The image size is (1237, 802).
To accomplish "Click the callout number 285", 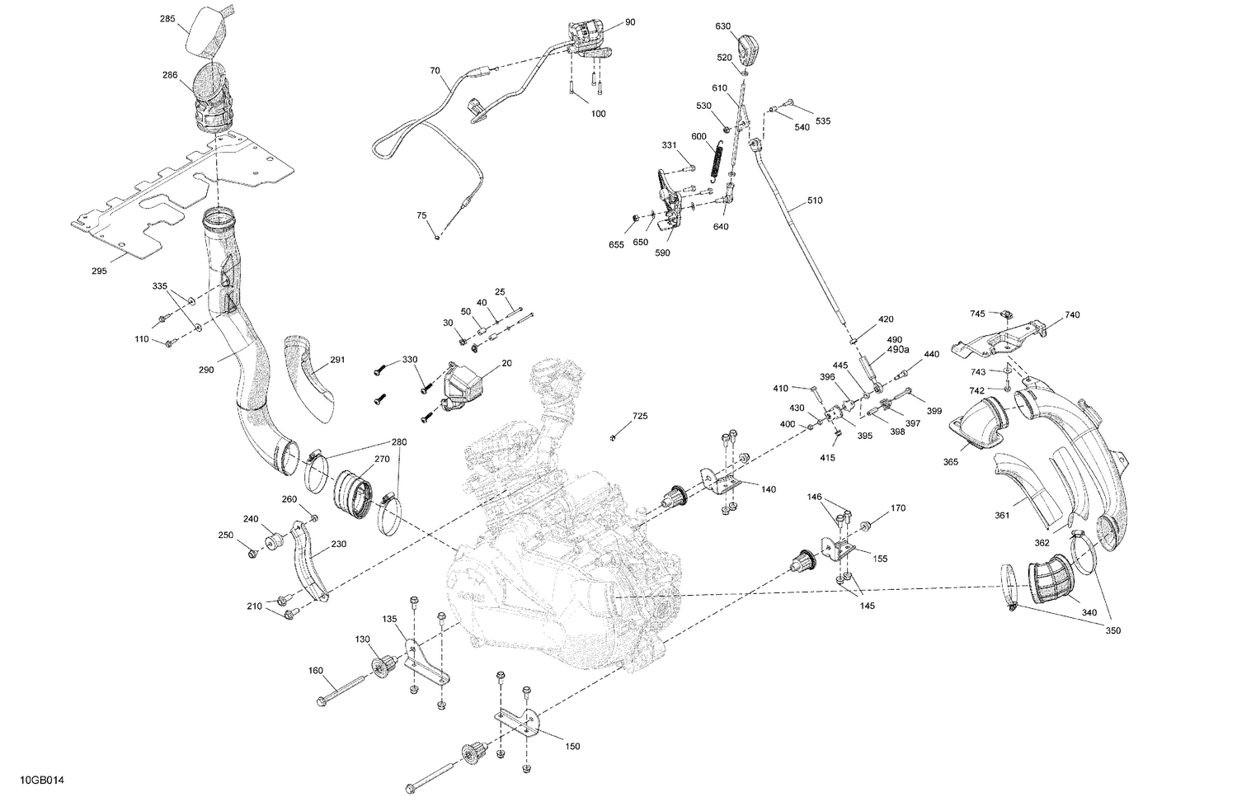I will [167, 17].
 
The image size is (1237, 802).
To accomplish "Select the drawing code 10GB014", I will [37, 780].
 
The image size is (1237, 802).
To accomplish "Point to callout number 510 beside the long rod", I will [815, 200].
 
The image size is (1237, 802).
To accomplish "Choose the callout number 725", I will [641, 416].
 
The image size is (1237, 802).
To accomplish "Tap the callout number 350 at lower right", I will [1113, 630].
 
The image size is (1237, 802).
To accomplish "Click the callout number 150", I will [572, 746].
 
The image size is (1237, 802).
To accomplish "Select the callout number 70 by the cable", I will [435, 71].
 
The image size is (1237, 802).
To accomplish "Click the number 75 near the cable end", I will [421, 215].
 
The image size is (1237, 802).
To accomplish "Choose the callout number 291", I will [337, 360].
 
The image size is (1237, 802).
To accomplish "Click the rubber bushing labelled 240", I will [273, 543].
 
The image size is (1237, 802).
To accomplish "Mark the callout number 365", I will [951, 462].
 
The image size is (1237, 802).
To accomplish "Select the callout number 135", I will [389, 619].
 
